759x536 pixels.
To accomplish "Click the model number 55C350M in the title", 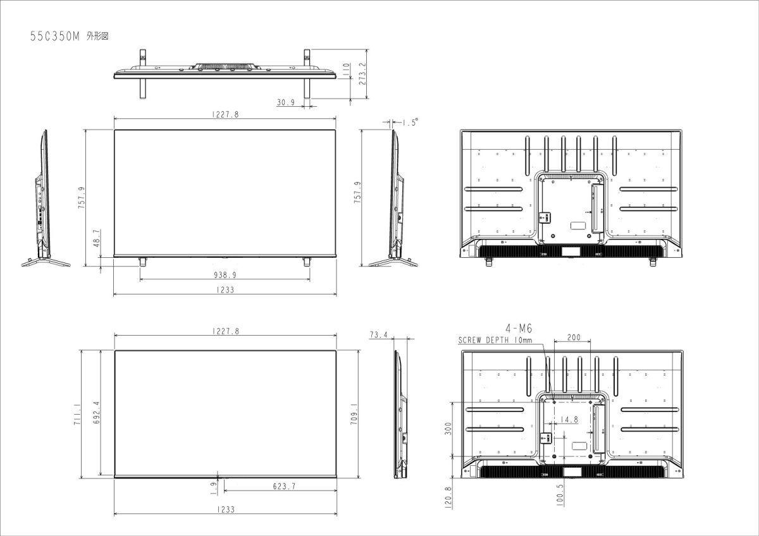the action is tap(54, 36).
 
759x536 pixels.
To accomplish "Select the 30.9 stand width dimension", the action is tap(286, 102).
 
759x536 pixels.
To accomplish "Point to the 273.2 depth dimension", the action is tap(363, 73).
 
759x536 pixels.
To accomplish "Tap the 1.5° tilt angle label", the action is tap(410, 122).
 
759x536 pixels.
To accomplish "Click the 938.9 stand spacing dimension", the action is tap(225, 275).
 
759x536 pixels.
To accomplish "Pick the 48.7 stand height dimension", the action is tap(97, 238).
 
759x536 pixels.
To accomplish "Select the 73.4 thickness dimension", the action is tap(378, 335).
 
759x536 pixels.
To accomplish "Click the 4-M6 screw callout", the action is tap(519, 328).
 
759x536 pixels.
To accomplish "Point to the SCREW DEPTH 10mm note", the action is tap(495, 340).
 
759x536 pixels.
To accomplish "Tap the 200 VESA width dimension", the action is tap(574, 338).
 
